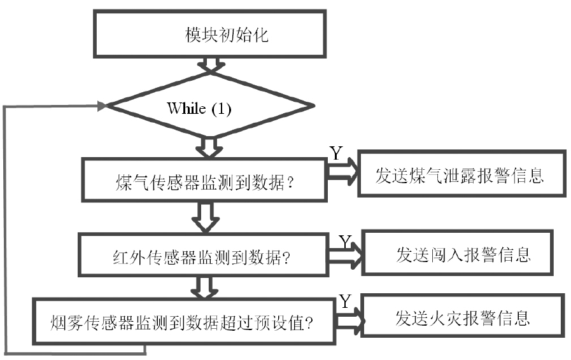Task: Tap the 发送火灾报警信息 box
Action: click(462, 316)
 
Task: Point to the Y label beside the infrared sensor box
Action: click(345, 242)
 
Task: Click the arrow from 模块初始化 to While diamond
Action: click(209, 65)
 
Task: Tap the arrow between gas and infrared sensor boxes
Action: click(205, 218)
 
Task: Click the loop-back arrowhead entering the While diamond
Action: click(101, 106)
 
